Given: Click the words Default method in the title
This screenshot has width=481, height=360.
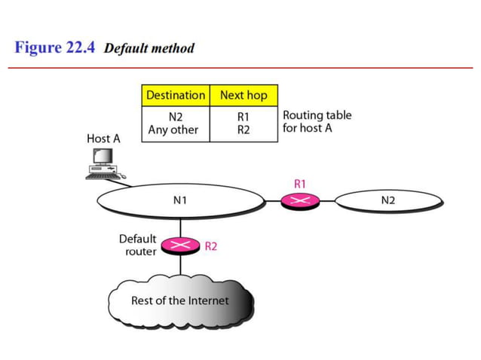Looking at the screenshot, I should coord(149,48).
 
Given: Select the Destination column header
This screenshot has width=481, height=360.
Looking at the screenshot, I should coord(175,96).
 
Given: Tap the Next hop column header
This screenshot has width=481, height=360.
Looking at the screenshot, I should coord(243,96).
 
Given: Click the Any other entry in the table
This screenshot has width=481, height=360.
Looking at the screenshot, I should coord(173,130).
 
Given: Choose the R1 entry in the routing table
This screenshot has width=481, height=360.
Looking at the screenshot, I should coord(243,117).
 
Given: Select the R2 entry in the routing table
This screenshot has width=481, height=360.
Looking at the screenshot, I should coord(243,130).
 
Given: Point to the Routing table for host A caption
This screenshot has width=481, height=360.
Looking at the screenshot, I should coord(317,122).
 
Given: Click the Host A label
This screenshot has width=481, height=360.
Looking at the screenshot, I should coord(103,139).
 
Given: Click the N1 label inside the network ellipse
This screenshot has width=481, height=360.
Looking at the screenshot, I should coord(180,200).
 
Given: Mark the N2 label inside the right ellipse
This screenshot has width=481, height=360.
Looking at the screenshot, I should coord(388,200).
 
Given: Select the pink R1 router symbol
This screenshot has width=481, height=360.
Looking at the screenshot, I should coord(300,200).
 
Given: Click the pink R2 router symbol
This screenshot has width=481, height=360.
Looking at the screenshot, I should coord(180,246).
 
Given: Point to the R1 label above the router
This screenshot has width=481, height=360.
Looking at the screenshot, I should coord(300,183).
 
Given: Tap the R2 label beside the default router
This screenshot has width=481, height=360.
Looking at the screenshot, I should coord(211,246).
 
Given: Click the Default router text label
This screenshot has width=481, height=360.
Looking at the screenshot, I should coord(138,245).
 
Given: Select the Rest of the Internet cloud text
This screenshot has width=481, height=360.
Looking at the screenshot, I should coord(180,300).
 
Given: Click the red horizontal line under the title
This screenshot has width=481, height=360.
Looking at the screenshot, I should coord(240,69).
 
